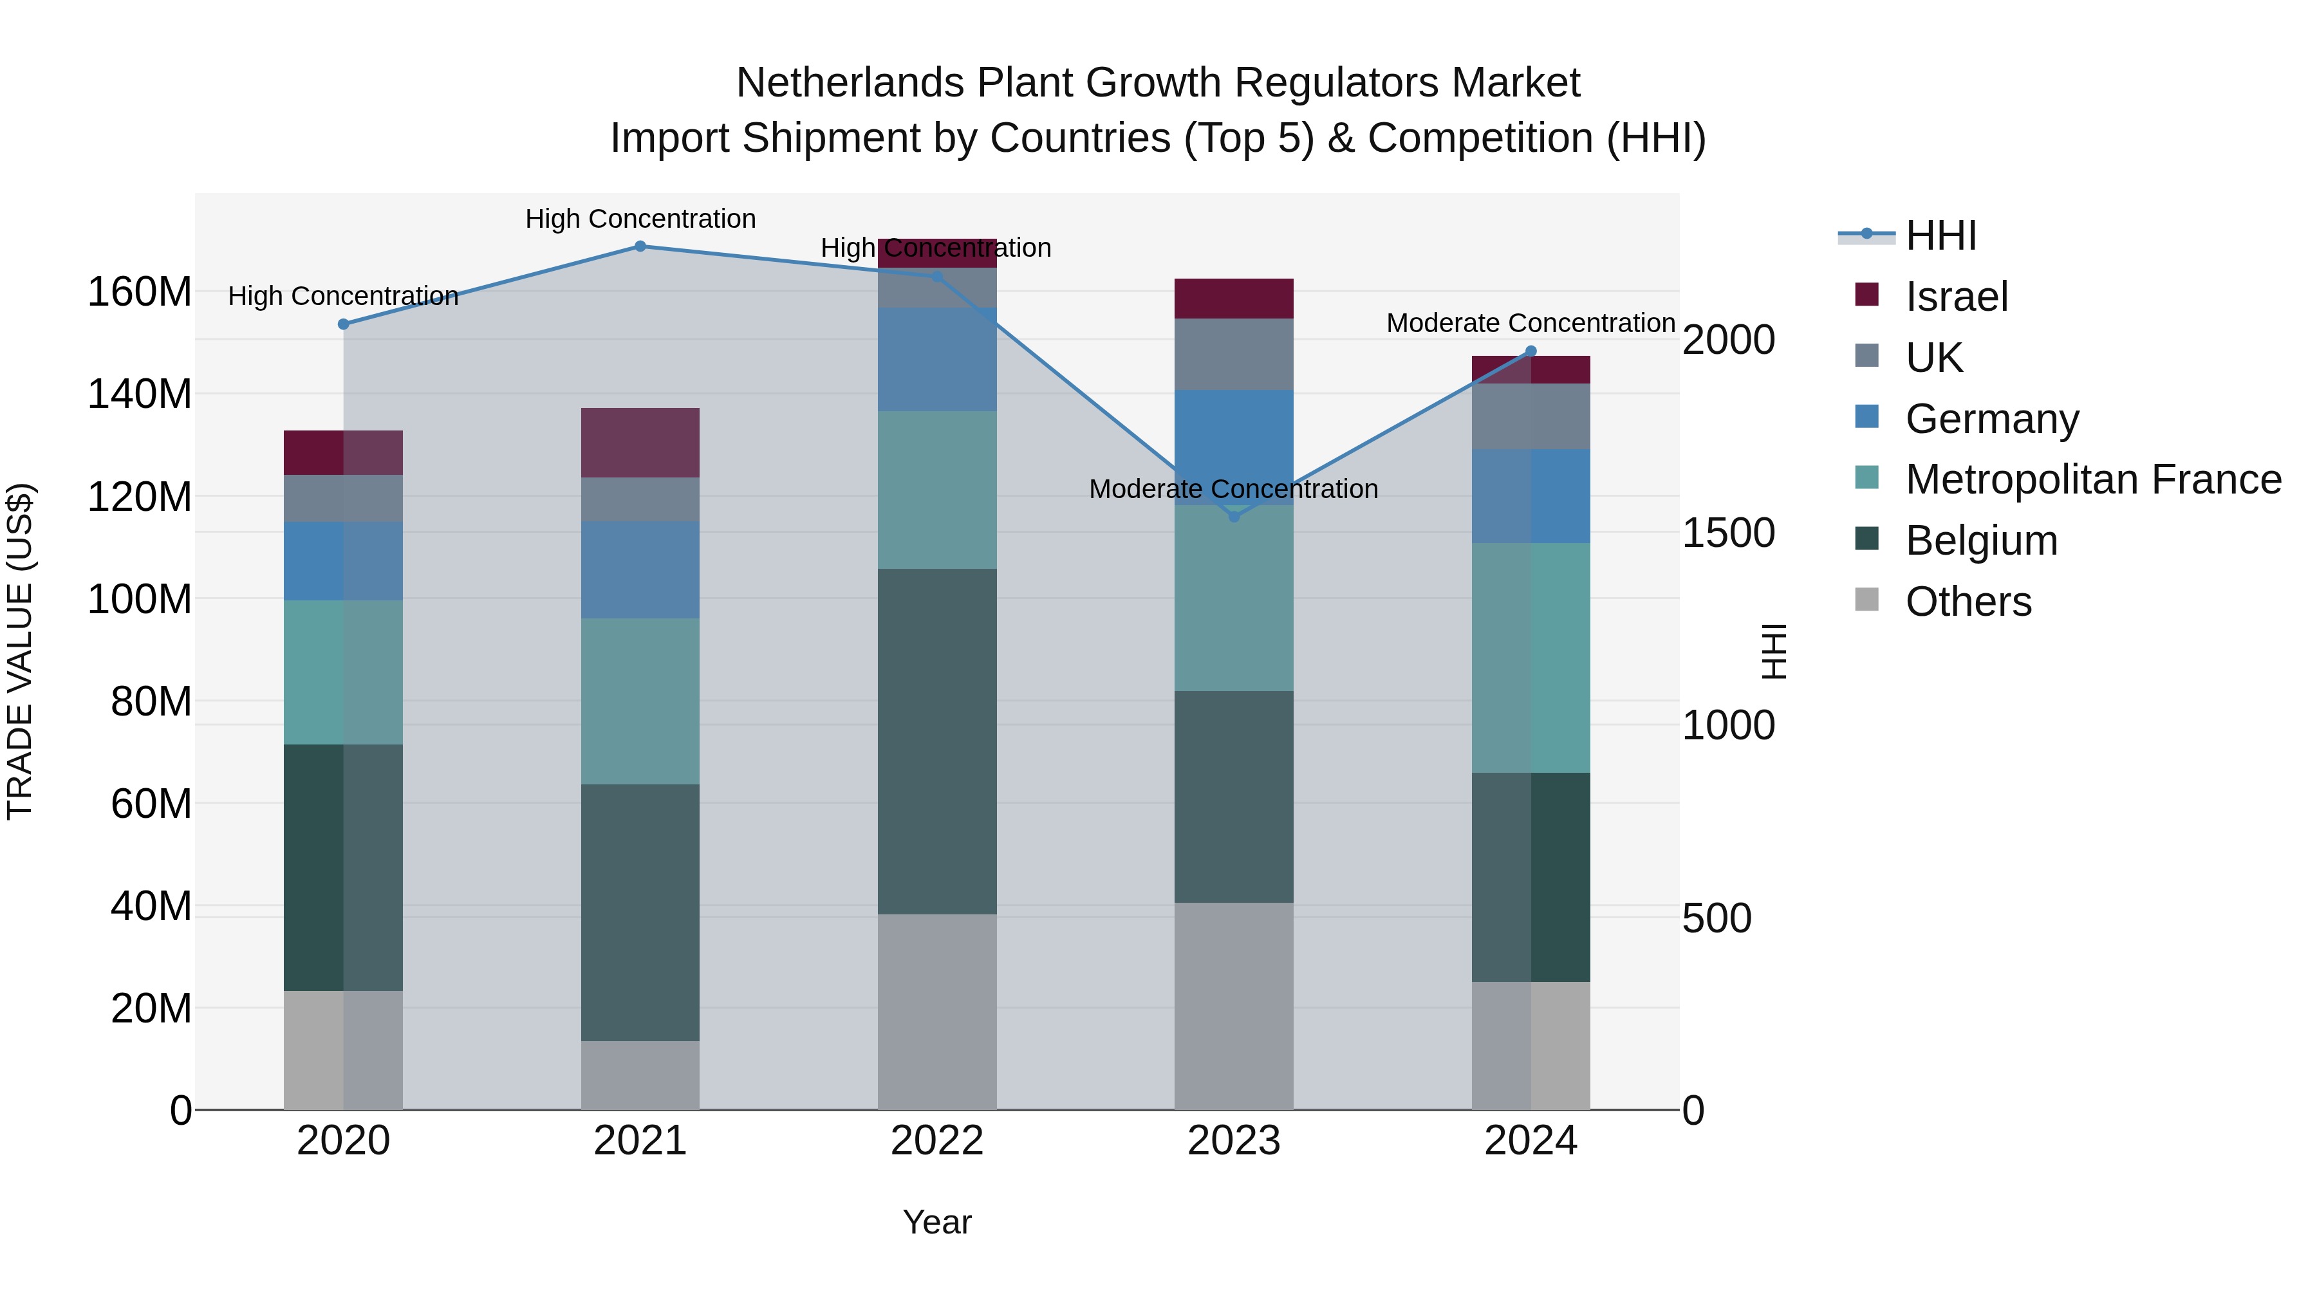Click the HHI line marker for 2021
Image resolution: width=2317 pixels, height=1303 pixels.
[640, 246]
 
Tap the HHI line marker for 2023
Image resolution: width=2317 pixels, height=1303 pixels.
[1234, 517]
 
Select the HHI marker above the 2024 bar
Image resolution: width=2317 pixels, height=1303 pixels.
[1531, 351]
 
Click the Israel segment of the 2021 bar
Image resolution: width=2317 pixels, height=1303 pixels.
[640, 443]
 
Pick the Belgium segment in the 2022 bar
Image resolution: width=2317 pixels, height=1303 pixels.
[937, 742]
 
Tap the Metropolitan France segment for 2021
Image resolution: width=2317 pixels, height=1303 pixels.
[640, 701]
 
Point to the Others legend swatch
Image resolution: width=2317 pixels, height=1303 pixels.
[1867, 600]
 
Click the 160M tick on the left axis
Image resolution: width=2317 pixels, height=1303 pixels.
[140, 292]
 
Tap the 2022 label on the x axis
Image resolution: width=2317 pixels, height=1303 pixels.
[937, 1141]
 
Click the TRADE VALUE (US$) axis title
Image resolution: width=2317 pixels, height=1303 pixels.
[20, 651]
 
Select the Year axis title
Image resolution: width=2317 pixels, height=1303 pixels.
[937, 1222]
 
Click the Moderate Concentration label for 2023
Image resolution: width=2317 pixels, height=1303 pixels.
[1233, 489]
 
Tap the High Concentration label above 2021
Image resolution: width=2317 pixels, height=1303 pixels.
[640, 219]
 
